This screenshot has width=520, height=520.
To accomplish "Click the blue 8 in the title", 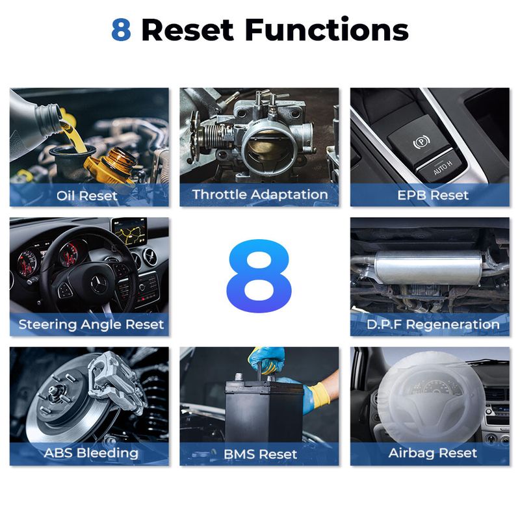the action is point(121,30).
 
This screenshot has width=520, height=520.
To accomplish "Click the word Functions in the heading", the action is point(326,29).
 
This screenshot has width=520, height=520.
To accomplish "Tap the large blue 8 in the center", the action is point(259,276).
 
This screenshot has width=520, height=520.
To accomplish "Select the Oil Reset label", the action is point(87,196).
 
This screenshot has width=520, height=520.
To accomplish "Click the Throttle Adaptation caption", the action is point(259,194).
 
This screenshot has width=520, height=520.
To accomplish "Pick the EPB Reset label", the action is point(433,195).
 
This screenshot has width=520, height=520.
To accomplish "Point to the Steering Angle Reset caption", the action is point(91,324).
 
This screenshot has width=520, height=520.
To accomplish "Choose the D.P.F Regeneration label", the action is point(433,324).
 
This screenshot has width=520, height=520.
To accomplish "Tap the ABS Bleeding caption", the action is point(91,452).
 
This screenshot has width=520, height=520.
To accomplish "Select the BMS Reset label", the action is point(261,454).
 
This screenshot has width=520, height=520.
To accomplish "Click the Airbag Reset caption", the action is point(433,453).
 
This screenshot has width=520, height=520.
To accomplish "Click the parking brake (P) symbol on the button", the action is point(421,142).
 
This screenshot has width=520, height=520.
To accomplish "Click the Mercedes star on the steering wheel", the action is point(99,285).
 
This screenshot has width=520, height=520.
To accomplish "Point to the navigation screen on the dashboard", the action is point(129,231).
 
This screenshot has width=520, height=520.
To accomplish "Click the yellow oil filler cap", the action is point(112,165).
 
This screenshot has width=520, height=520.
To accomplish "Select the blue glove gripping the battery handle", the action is point(266,360).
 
